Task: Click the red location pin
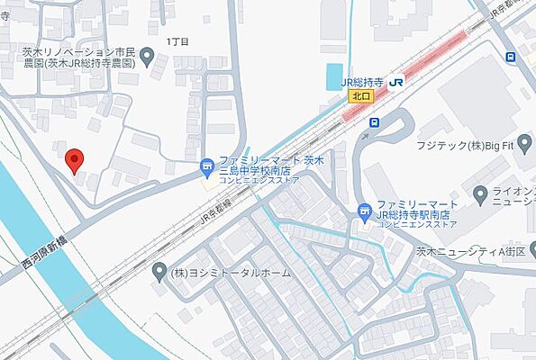(76, 159)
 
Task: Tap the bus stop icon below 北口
(375, 121)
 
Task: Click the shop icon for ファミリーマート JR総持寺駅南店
(364, 213)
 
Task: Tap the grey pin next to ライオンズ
(481, 193)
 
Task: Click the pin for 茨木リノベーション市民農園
(148, 58)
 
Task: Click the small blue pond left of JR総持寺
(333, 75)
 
